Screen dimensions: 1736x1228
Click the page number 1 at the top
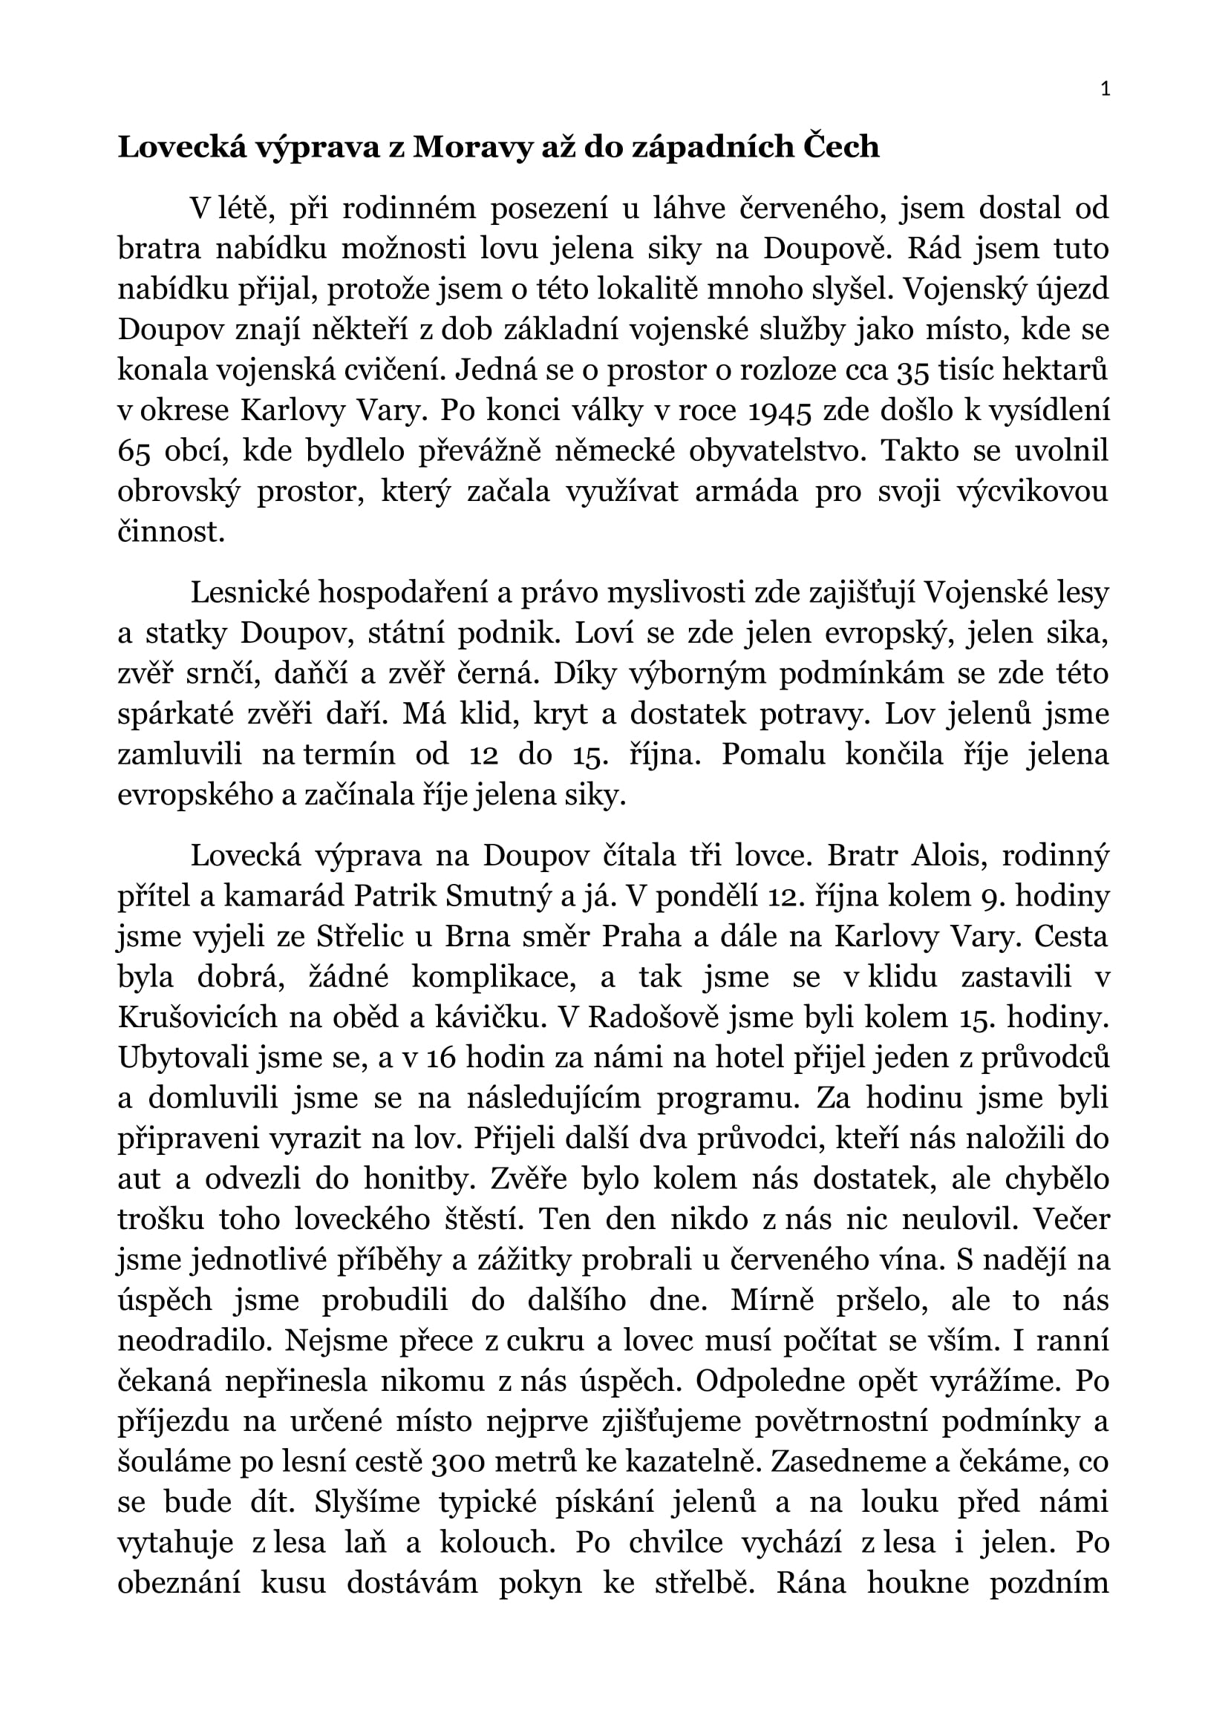click(1105, 90)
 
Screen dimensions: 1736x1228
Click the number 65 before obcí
click(136, 451)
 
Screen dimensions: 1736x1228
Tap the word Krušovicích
click(198, 1018)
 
